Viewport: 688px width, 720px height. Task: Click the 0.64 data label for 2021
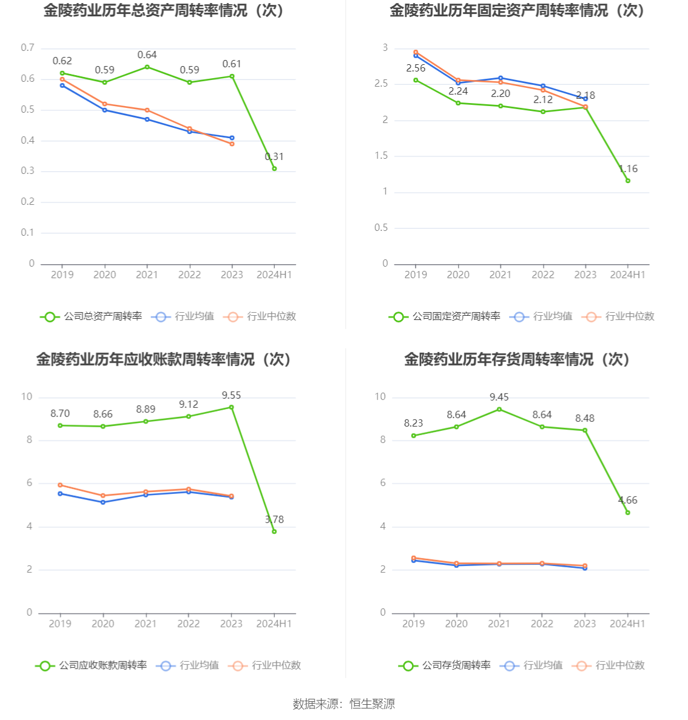(x=147, y=55)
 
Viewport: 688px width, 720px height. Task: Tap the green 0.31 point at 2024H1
(x=274, y=168)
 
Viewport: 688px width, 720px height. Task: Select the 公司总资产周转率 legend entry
(x=92, y=316)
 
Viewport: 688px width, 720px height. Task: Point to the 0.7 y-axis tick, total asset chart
(x=28, y=48)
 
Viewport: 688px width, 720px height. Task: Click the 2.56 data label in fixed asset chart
(x=416, y=68)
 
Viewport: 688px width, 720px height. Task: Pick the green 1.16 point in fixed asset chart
(x=628, y=181)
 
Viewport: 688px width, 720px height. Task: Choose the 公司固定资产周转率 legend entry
(x=445, y=316)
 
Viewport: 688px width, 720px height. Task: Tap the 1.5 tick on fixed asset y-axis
(x=381, y=156)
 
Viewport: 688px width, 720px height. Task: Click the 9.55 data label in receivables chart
(x=231, y=395)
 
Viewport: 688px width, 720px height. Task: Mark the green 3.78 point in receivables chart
(x=274, y=532)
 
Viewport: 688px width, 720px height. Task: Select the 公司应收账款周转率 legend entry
(x=92, y=665)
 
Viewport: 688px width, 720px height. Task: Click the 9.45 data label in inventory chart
(x=499, y=397)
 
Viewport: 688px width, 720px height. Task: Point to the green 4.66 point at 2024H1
(x=628, y=513)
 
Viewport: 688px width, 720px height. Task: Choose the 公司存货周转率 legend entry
(x=445, y=665)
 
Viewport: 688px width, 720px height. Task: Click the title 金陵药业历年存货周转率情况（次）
(x=517, y=359)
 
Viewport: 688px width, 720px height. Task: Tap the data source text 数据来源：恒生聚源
(x=344, y=704)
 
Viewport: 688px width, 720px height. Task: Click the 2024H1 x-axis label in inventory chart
(x=627, y=624)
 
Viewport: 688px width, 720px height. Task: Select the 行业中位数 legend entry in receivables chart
(x=265, y=665)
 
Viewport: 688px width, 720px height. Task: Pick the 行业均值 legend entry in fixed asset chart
(x=542, y=316)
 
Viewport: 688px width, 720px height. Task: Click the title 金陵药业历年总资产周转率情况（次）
(x=164, y=10)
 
